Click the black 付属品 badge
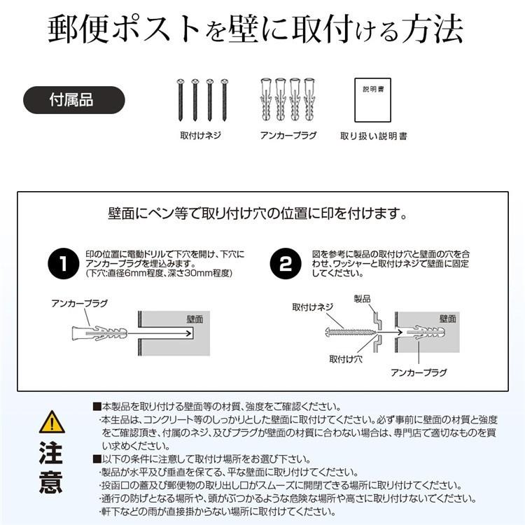pyautogui.click(x=73, y=99)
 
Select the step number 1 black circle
pyautogui.click(x=64, y=264)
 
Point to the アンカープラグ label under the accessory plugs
pyautogui.click(x=288, y=135)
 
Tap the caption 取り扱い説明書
pyautogui.click(x=373, y=136)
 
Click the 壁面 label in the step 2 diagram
pyautogui.click(x=448, y=318)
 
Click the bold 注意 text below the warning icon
pyautogui.click(x=51, y=468)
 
